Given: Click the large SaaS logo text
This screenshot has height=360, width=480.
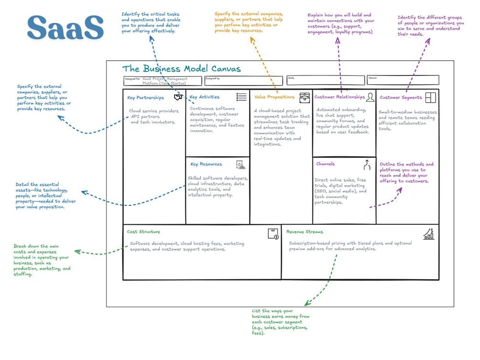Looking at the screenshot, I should (x=65, y=28).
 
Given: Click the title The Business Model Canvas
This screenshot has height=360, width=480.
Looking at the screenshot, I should (x=181, y=69).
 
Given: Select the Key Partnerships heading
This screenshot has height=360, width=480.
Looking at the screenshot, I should (x=145, y=98).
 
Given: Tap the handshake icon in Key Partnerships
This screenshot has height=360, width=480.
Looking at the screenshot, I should (x=178, y=97).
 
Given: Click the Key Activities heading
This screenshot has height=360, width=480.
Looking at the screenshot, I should (x=205, y=97).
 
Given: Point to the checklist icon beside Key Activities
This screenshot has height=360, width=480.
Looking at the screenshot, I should (x=242, y=97).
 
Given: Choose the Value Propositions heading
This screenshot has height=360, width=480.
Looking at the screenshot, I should (x=275, y=97).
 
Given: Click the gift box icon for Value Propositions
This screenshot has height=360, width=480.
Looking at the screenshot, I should (x=304, y=97).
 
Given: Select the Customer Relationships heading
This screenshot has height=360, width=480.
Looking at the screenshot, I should (x=339, y=97).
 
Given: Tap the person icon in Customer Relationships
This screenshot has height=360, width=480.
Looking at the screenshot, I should (x=370, y=97).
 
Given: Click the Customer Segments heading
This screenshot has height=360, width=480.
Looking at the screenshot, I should (x=401, y=97).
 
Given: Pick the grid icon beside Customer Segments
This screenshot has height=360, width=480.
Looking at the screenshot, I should (x=431, y=97).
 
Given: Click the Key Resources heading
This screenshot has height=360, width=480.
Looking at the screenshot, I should (x=206, y=164).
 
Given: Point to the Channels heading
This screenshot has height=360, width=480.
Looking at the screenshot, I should (x=325, y=164).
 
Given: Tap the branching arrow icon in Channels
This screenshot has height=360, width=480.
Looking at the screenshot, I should (x=367, y=165).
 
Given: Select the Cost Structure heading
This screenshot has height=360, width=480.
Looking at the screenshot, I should (x=143, y=232).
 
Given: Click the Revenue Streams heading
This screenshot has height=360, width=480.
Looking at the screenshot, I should (x=305, y=232).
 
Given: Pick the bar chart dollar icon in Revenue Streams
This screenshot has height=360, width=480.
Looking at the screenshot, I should (x=428, y=234).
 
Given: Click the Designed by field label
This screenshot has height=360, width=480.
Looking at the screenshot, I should (x=213, y=78).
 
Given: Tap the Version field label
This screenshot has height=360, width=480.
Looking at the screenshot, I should (x=373, y=77).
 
